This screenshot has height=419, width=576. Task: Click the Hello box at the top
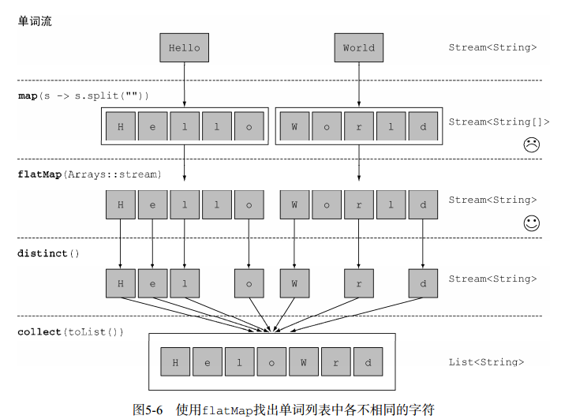click(184, 47)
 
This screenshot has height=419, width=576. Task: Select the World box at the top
click(358, 47)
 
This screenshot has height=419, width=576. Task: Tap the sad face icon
click(531, 144)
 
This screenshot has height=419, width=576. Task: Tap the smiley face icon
click(531, 223)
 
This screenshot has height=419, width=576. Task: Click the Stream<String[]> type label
click(499, 122)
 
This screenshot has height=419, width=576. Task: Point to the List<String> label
click(486, 362)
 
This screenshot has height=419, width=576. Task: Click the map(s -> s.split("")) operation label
click(84, 95)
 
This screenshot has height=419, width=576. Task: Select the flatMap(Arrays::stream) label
click(89, 174)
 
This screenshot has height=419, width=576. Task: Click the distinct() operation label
click(49, 253)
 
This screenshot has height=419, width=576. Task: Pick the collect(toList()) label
click(71, 332)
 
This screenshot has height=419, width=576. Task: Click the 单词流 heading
click(35, 21)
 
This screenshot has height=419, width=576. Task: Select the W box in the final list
click(303, 363)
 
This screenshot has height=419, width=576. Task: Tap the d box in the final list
click(368, 363)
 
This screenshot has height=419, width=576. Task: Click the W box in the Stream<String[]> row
click(294, 126)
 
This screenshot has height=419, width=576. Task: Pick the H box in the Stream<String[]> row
click(121, 126)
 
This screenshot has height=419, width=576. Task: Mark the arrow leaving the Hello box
click(184, 83)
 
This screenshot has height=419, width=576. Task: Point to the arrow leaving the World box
click(359, 83)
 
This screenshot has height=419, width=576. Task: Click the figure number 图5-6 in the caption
click(148, 410)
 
